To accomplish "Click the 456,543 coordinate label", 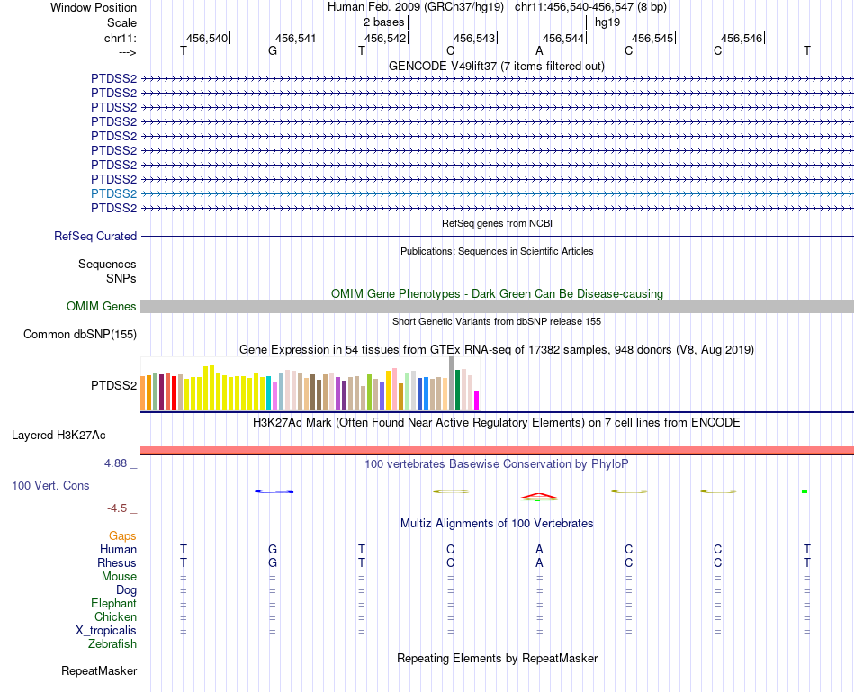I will pyautogui.click(x=474, y=38).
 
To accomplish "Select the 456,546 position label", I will pyautogui.click(x=742, y=38).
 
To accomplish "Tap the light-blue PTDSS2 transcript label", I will pyautogui.click(x=113, y=193).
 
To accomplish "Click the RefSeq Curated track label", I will pyautogui.click(x=95, y=236).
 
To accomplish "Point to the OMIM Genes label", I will pyautogui.click(x=102, y=307).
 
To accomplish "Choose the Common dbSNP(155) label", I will pyautogui.click(x=79, y=335).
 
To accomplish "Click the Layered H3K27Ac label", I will pyautogui.click(x=58, y=436).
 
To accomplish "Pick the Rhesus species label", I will pyautogui.click(x=117, y=562).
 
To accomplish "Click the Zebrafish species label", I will pyautogui.click(x=112, y=644).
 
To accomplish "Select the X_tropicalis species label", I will pyautogui.click(x=106, y=631).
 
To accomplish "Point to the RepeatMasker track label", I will pyautogui.click(x=99, y=670).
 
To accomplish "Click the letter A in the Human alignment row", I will pyautogui.click(x=539, y=549).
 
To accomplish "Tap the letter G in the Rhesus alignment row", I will pyautogui.click(x=273, y=562).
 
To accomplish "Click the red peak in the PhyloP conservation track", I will pyautogui.click(x=537, y=495).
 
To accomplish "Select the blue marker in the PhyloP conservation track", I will pyautogui.click(x=274, y=491).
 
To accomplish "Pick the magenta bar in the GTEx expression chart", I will pyautogui.click(x=477, y=400).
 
